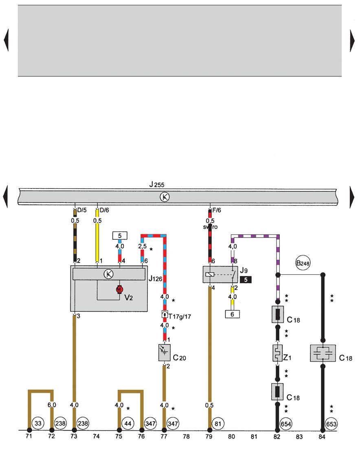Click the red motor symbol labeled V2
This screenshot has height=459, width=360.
(119, 289)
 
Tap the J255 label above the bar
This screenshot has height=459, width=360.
(157, 185)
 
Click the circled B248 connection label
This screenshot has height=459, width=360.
(303, 263)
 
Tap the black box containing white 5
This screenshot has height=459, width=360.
(246, 280)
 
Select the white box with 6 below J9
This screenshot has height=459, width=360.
(232, 314)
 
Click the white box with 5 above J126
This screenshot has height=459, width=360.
(120, 236)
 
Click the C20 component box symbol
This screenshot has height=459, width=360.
(164, 353)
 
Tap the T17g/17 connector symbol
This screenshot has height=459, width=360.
(165, 315)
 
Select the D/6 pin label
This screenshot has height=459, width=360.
(104, 210)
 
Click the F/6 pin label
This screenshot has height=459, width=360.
(217, 210)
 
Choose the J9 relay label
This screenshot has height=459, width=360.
(244, 270)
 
